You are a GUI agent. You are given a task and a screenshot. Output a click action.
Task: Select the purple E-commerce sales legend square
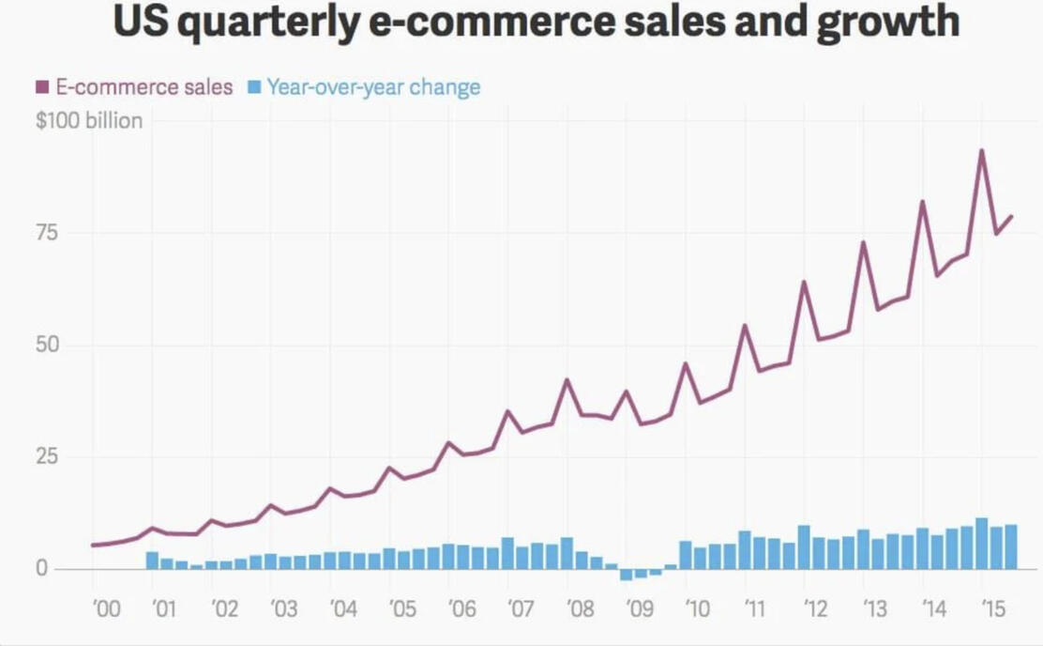coord(41,87)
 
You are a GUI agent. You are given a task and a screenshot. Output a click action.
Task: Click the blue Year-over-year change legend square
coord(253,87)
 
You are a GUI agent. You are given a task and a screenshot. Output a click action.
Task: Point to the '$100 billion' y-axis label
coord(89,120)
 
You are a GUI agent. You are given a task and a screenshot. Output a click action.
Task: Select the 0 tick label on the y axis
coord(42,569)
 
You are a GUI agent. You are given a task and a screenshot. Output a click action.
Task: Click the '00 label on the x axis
coord(106,609)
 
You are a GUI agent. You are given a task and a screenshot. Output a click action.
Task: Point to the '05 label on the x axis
coord(402,609)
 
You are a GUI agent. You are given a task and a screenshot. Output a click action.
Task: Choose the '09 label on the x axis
coord(640,609)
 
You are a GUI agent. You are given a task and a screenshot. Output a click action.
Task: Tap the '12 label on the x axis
coord(816,609)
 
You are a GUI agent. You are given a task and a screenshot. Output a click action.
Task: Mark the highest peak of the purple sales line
coord(982,150)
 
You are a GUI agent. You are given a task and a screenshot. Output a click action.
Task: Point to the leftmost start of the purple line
coord(92,545)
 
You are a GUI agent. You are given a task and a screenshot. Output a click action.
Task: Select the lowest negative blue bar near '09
coord(627,575)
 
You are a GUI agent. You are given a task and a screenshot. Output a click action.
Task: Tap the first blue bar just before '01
coord(152,560)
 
